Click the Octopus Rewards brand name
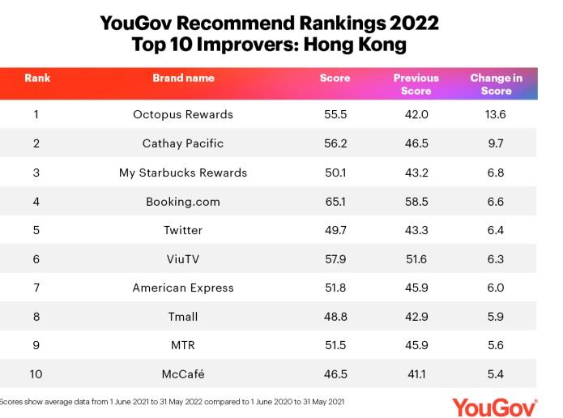point(183,114)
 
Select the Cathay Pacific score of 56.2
point(335,143)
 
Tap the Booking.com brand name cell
point(183,201)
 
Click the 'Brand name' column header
point(183,78)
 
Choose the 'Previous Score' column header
point(416,84)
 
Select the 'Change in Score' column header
point(496,84)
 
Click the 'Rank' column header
point(37,78)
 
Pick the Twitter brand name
point(183,230)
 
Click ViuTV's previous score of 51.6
point(416,258)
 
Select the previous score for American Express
point(416,288)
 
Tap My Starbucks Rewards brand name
point(183,173)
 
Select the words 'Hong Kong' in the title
point(365,45)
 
